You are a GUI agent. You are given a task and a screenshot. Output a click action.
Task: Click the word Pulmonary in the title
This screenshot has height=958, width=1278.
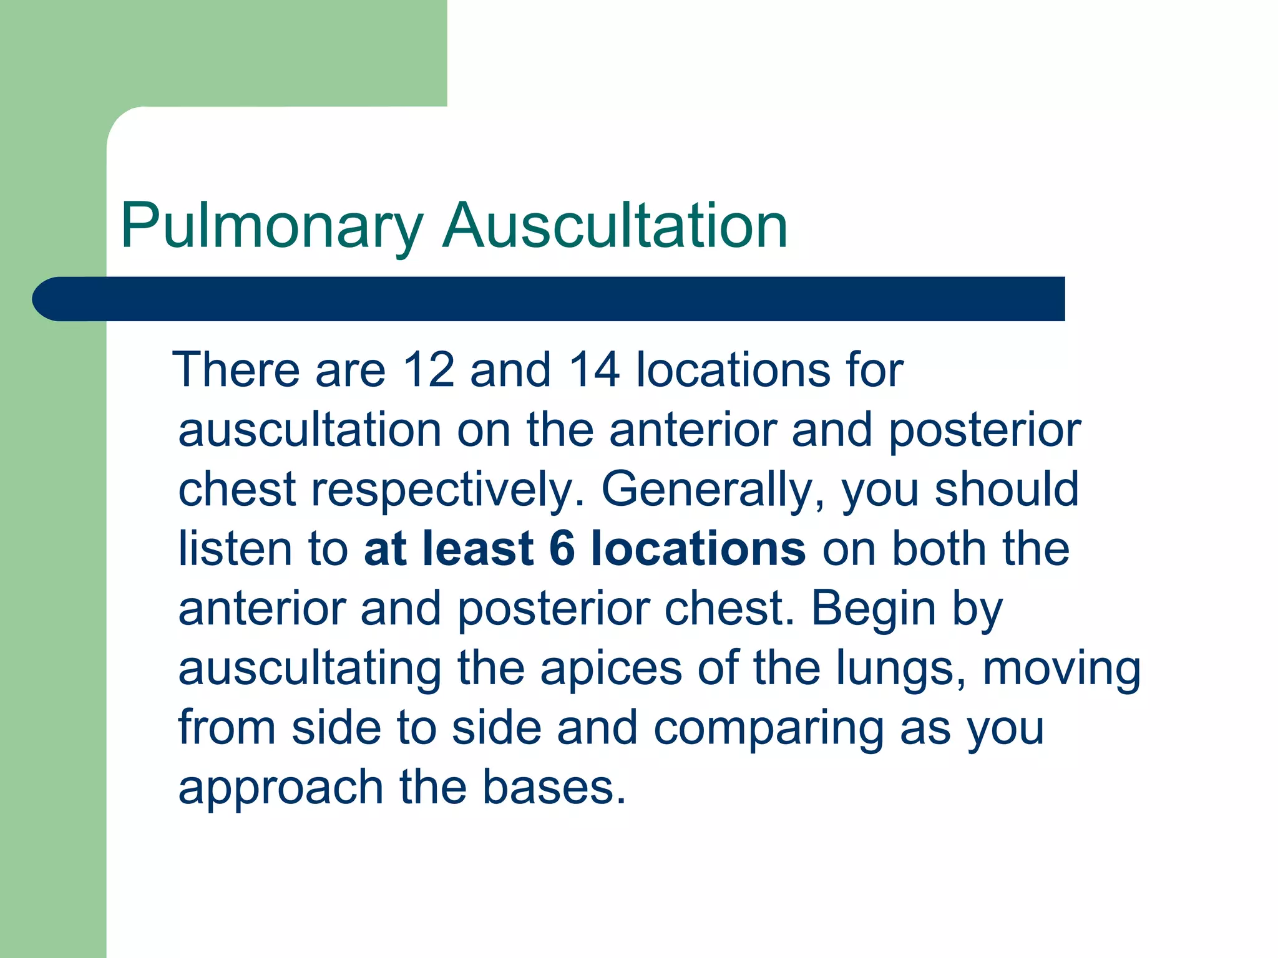click(x=272, y=226)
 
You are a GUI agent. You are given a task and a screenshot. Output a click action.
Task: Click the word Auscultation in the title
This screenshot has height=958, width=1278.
click(x=615, y=226)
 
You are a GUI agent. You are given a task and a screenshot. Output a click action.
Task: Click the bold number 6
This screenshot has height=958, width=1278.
click(x=562, y=549)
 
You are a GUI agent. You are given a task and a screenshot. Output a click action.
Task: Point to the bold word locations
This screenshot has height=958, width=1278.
click(x=698, y=549)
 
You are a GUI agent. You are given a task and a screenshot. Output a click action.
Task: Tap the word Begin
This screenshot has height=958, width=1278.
click(x=873, y=609)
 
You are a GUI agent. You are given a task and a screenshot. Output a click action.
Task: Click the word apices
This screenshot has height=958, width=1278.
click(x=611, y=669)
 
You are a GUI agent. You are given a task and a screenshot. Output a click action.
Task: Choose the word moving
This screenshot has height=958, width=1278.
click(x=1061, y=669)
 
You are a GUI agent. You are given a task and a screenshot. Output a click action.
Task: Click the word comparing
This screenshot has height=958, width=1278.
click(x=768, y=728)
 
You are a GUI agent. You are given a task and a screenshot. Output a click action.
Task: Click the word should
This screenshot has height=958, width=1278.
click(x=1007, y=490)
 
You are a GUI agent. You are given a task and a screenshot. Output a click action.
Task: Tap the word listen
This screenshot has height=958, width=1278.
click(x=235, y=549)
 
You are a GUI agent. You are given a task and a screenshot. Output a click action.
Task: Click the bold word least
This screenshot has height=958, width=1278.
click(x=478, y=549)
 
